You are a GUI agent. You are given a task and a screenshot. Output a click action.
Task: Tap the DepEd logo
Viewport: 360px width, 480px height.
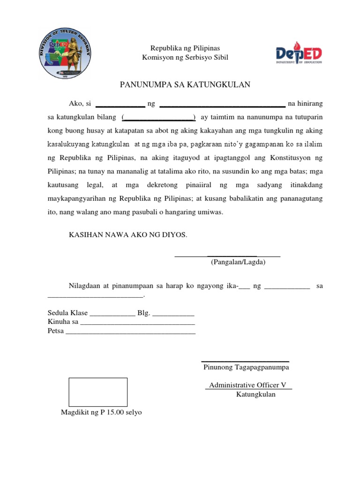[x=299, y=54]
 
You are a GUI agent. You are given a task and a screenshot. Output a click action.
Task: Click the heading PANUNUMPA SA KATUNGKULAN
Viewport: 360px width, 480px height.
[x=185, y=84]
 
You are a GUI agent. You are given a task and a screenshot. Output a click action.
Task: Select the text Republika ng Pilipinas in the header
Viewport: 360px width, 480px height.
[x=185, y=48]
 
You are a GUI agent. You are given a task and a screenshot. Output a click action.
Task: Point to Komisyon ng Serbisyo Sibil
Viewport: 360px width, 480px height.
[x=185, y=57]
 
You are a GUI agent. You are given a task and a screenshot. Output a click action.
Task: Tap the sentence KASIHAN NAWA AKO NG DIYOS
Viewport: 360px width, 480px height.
[x=128, y=234]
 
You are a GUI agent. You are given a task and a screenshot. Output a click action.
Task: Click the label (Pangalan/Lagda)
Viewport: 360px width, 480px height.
[x=238, y=262]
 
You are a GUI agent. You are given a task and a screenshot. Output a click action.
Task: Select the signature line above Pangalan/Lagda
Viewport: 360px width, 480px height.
[x=227, y=255]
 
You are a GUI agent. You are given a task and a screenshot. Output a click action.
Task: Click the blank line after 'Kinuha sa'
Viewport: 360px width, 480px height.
[x=137, y=323]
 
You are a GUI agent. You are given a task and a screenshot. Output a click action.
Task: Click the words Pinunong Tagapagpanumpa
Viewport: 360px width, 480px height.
[x=246, y=367]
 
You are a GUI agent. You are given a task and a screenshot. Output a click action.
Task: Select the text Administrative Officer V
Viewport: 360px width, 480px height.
[x=247, y=385]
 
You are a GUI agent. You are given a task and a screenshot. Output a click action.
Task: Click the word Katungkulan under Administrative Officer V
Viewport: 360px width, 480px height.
[x=255, y=394]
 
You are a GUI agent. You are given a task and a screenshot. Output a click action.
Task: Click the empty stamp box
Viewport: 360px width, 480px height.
[x=98, y=392]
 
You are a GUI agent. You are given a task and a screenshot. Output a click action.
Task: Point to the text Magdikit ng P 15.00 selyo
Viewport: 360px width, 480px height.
[x=101, y=412]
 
